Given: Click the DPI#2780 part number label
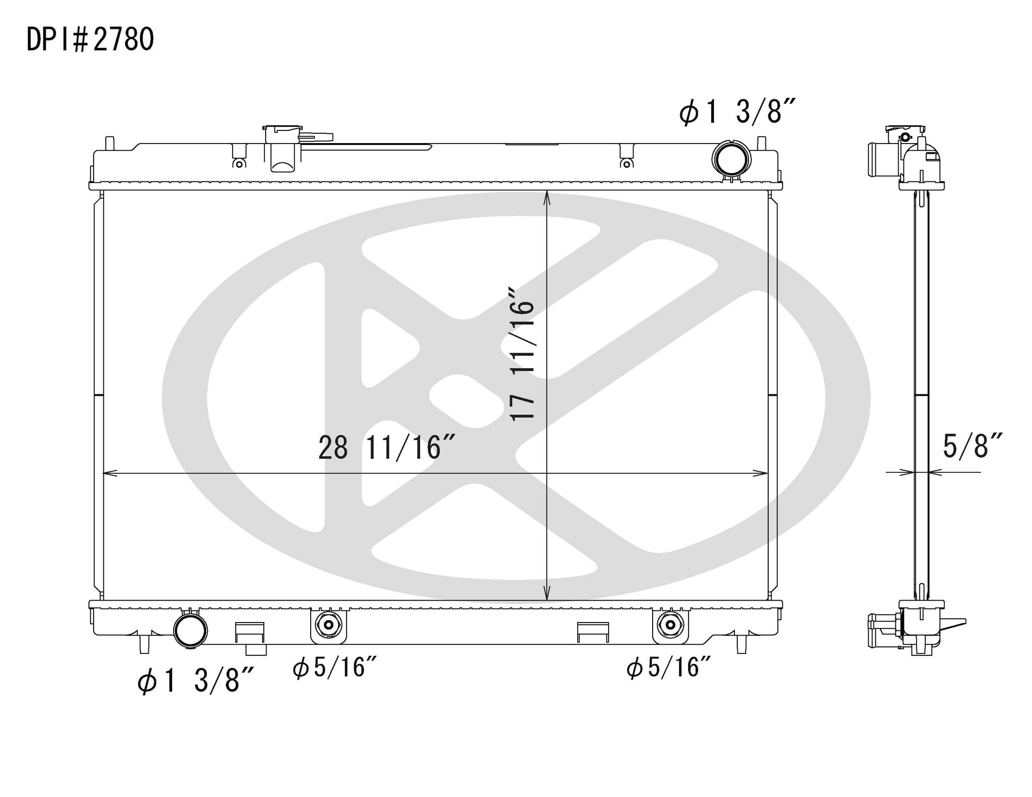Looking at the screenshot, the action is [90, 39].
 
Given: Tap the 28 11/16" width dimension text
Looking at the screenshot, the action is [386, 448].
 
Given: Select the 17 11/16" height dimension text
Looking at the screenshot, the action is [522, 353].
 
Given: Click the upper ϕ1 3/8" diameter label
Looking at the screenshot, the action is [738, 112].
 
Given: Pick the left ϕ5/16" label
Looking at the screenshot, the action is [334, 667].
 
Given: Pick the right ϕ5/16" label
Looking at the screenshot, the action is [669, 667].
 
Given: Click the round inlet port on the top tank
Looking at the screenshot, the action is [731, 159].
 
